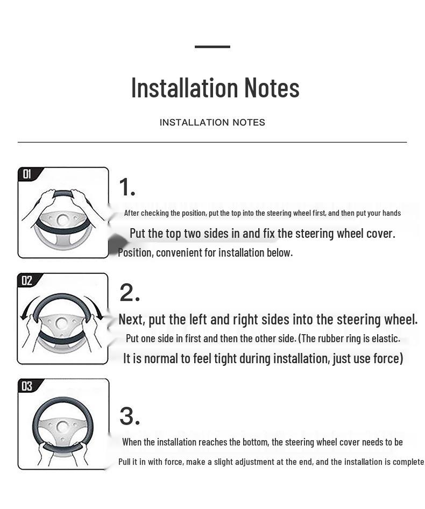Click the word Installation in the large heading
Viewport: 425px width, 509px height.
185,88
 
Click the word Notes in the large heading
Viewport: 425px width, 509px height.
272,88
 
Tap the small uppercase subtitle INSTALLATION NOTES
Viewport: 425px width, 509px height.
212,122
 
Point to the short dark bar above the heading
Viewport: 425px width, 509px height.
212,47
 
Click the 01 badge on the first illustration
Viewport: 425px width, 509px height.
27,174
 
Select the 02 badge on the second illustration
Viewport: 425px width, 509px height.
26,280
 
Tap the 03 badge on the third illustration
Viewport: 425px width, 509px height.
27,386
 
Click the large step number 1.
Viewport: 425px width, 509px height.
127,187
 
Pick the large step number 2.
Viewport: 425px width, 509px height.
130,293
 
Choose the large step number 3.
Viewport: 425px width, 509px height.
130,416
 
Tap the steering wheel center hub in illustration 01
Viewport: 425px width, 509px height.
62,220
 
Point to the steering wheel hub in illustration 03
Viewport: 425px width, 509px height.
62,426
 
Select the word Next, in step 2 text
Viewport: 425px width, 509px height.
131,320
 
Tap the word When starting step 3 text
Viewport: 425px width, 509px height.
132,442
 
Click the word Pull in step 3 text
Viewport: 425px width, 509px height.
124,462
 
